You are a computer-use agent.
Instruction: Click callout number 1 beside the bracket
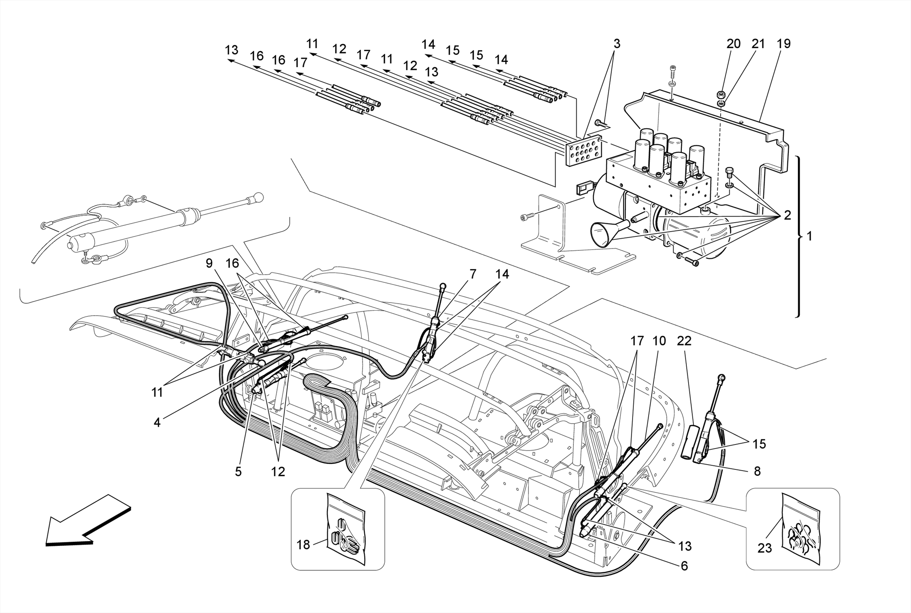click(x=809, y=236)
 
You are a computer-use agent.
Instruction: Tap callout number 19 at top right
click(x=783, y=44)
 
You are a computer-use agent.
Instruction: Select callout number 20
click(x=734, y=44)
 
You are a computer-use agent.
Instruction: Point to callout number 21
click(x=758, y=44)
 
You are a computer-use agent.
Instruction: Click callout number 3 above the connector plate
click(x=617, y=44)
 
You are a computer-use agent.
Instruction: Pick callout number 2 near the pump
click(x=787, y=216)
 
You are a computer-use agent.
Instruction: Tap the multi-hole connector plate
click(x=584, y=152)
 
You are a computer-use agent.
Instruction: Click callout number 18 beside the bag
click(x=303, y=545)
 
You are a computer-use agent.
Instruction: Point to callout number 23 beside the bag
click(x=764, y=549)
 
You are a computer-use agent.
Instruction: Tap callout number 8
click(x=757, y=471)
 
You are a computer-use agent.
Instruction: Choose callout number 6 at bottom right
click(x=684, y=566)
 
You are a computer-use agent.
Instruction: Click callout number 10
click(x=659, y=341)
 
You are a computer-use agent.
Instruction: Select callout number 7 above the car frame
click(x=472, y=274)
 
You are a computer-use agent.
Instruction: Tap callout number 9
click(x=209, y=263)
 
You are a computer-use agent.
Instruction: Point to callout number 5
click(x=238, y=472)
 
